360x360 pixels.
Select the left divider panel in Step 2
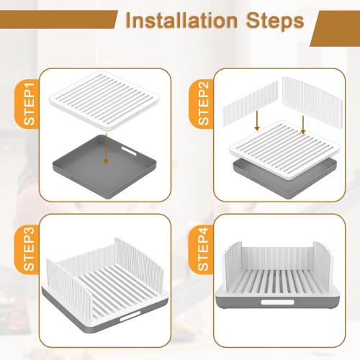pos(242,109)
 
